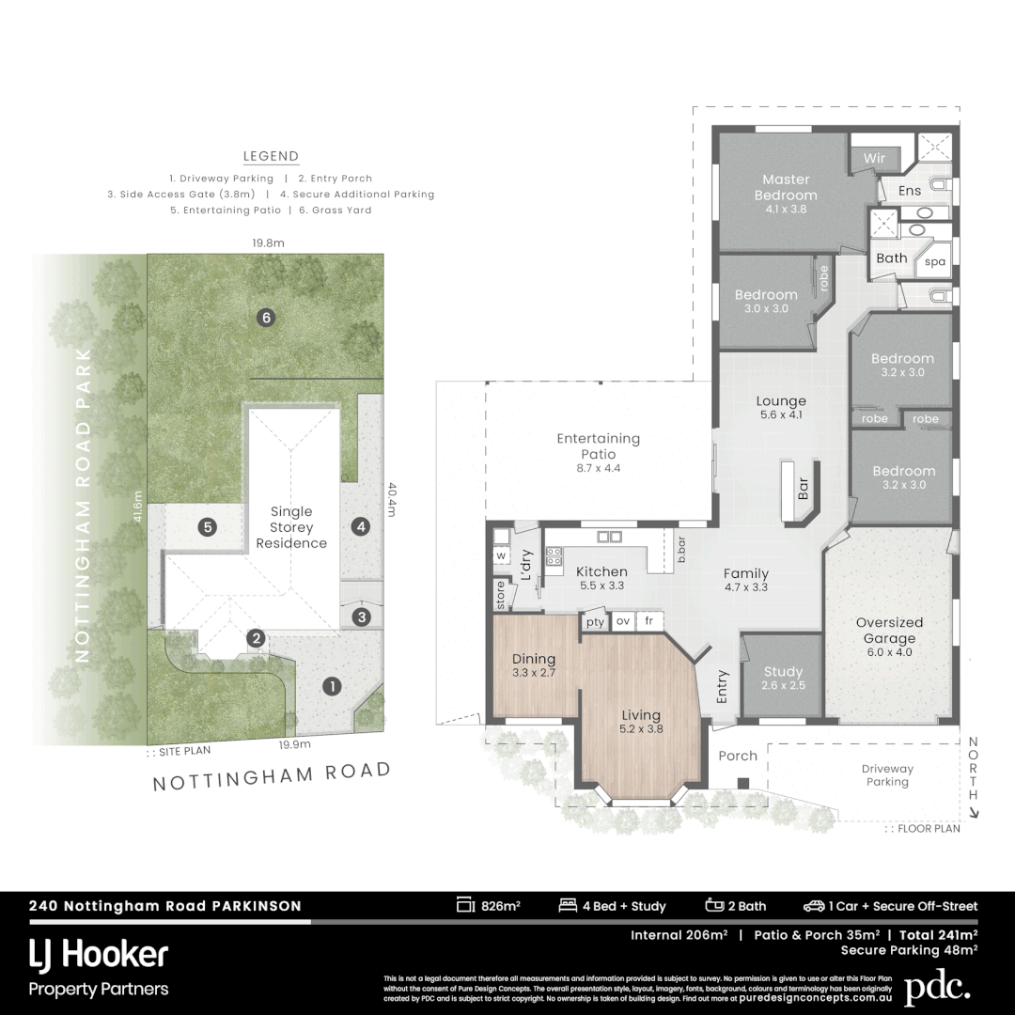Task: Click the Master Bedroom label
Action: pyautogui.click(x=786, y=187)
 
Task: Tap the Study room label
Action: pyautogui.click(x=783, y=672)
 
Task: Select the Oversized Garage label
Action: pyautogui.click(x=889, y=631)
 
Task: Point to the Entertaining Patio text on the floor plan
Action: pyautogui.click(x=598, y=445)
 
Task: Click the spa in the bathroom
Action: pyautogui.click(x=934, y=262)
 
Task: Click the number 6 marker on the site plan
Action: pyautogui.click(x=266, y=318)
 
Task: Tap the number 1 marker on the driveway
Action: pyautogui.click(x=330, y=686)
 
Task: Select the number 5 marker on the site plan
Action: pyautogui.click(x=208, y=527)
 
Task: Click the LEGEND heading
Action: pyautogui.click(x=271, y=157)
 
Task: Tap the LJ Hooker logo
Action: pyautogui.click(x=99, y=956)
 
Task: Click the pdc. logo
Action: pyautogui.click(x=937, y=988)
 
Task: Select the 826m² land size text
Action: pyautogui.click(x=500, y=906)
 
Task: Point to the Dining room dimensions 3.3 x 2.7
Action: pyautogui.click(x=533, y=673)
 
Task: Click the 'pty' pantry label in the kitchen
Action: pyautogui.click(x=595, y=621)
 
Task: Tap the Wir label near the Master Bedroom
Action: pyautogui.click(x=874, y=159)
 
